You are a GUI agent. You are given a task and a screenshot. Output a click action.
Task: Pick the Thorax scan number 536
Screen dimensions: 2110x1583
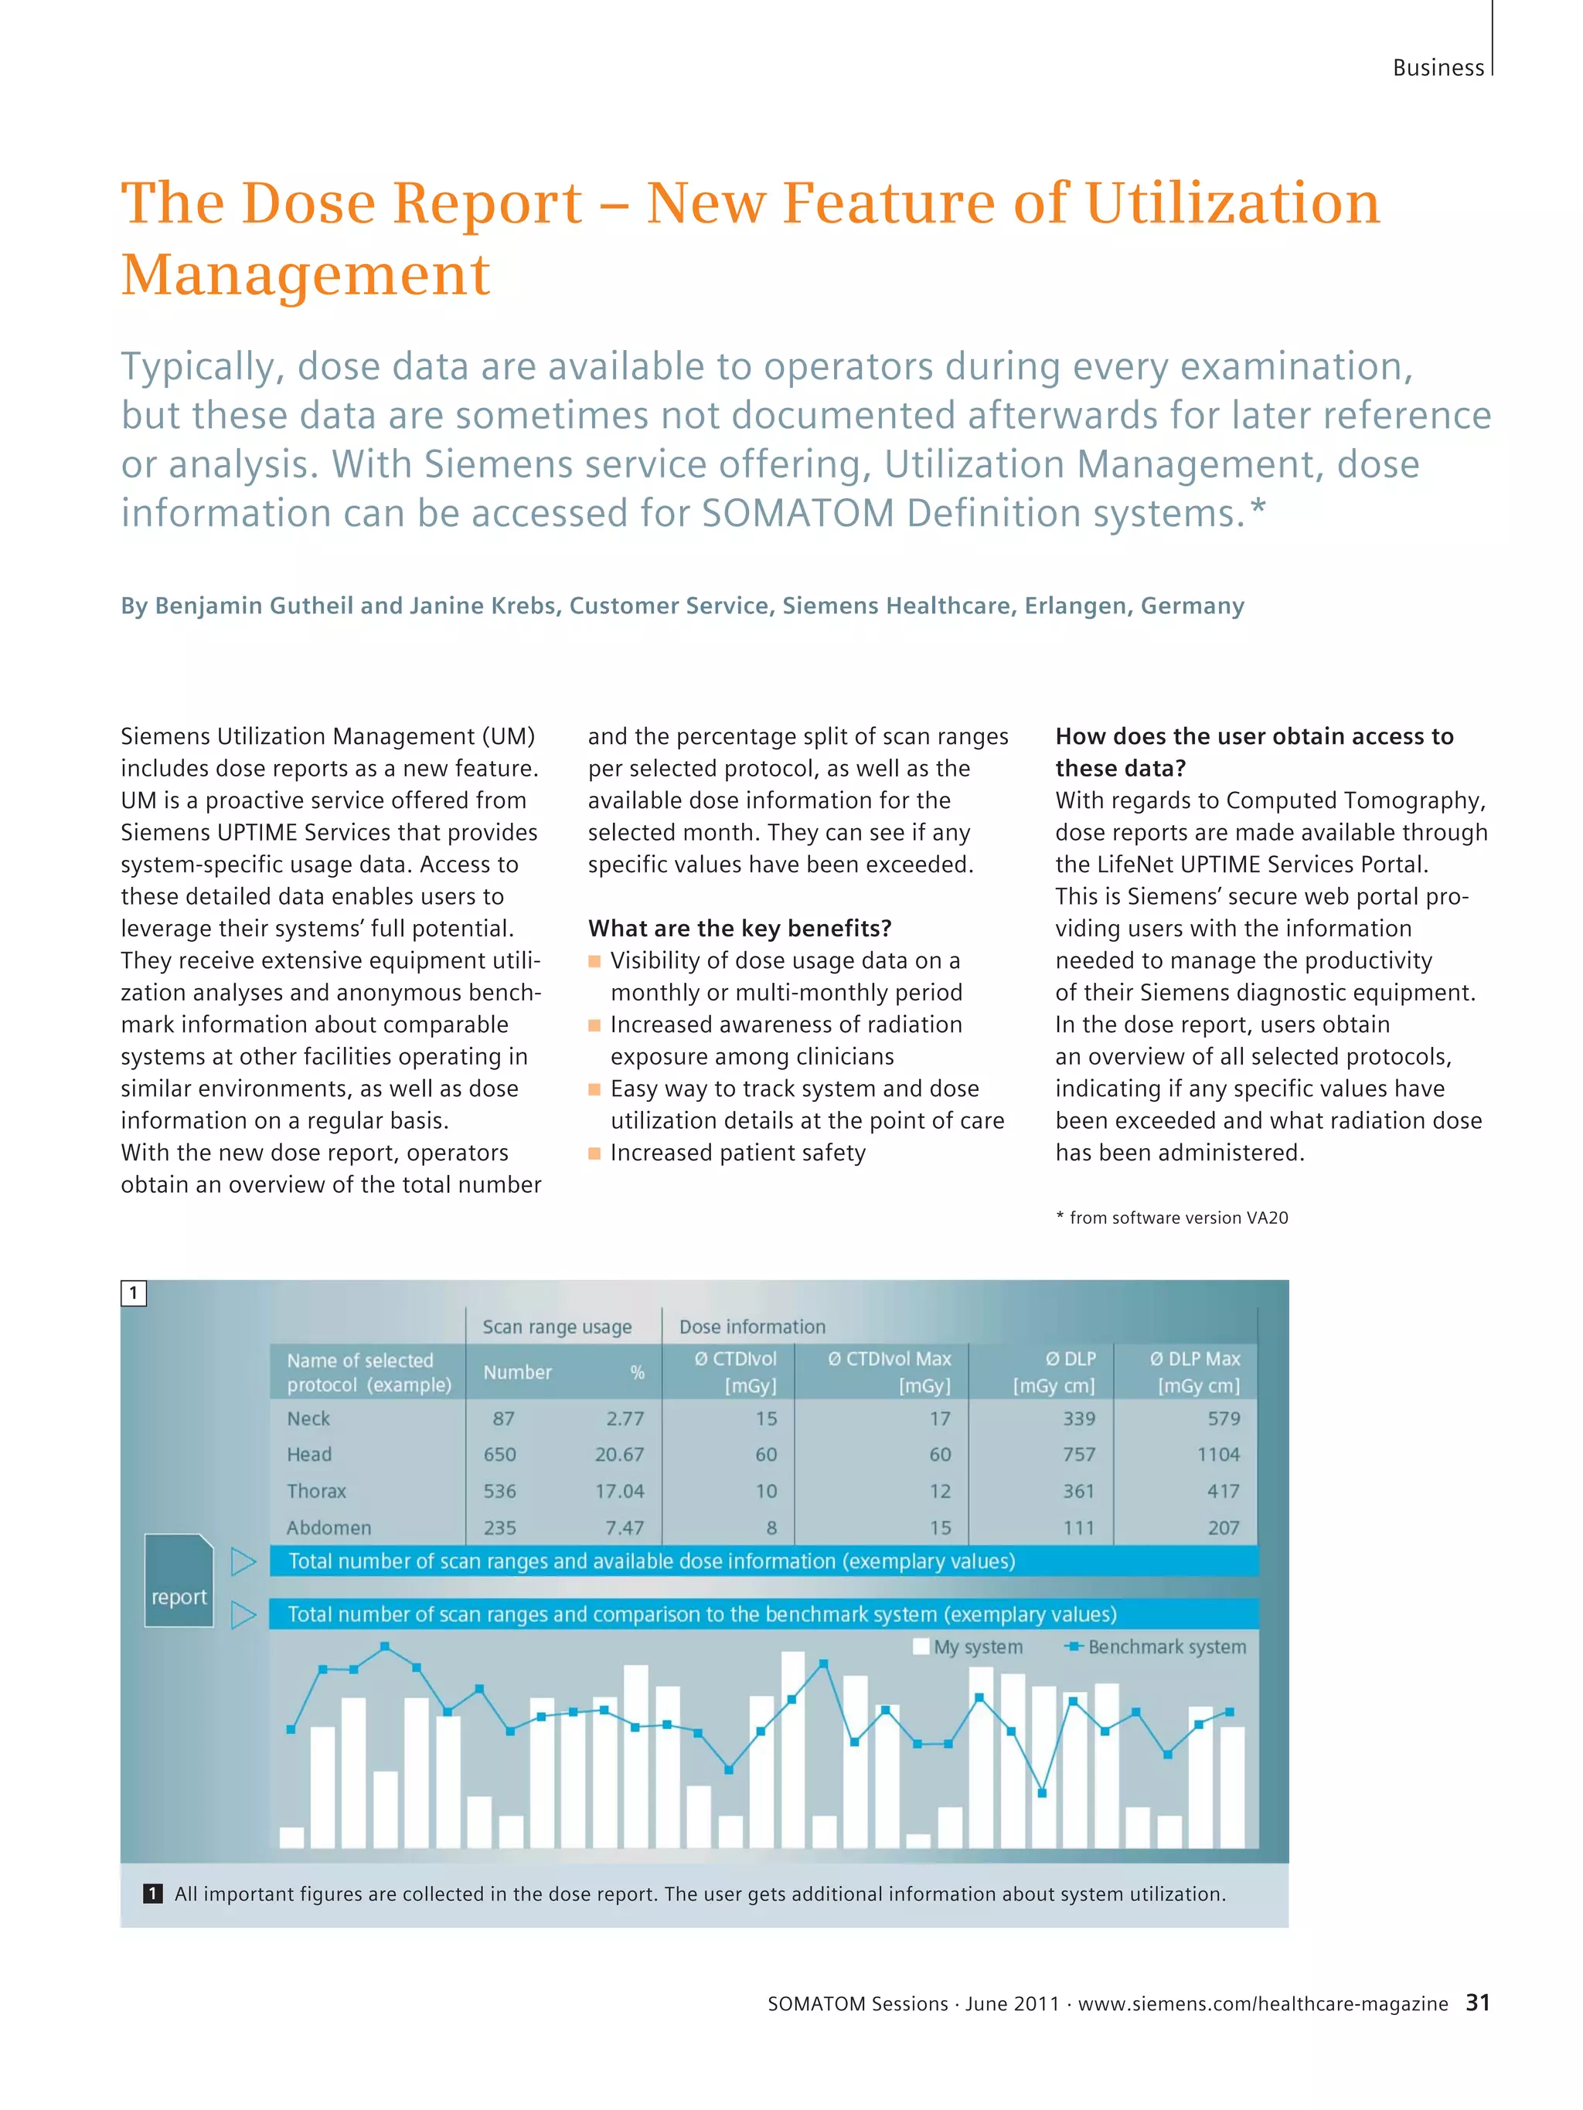499,1491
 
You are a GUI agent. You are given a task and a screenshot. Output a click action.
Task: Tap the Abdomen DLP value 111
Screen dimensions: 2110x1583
1078,1528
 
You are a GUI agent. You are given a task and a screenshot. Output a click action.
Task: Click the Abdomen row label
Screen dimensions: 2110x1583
329,1528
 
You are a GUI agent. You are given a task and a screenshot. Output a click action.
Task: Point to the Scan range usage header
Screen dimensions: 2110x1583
557,1327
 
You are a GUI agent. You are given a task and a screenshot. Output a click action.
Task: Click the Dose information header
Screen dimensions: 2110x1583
752,1327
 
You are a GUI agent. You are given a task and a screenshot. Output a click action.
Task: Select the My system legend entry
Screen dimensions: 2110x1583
968,1647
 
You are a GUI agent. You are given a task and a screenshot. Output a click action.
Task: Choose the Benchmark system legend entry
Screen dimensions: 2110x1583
1156,1647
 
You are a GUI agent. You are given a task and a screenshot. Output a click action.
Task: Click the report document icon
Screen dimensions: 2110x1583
179,1581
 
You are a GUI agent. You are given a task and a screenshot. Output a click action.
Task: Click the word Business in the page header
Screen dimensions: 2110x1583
1438,68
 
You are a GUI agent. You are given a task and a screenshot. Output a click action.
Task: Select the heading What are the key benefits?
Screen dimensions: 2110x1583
740,928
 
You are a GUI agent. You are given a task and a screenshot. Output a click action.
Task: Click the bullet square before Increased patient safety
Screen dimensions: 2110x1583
594,1154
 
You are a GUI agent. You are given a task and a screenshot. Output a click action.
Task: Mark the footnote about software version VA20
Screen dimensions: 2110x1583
1172,1218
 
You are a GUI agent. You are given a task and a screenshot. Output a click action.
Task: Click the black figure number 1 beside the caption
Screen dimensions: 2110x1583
153,1894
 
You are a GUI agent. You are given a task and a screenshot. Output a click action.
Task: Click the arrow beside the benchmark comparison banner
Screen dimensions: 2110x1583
243,1615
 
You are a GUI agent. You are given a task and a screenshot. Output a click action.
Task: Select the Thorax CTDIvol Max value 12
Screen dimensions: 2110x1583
940,1491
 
